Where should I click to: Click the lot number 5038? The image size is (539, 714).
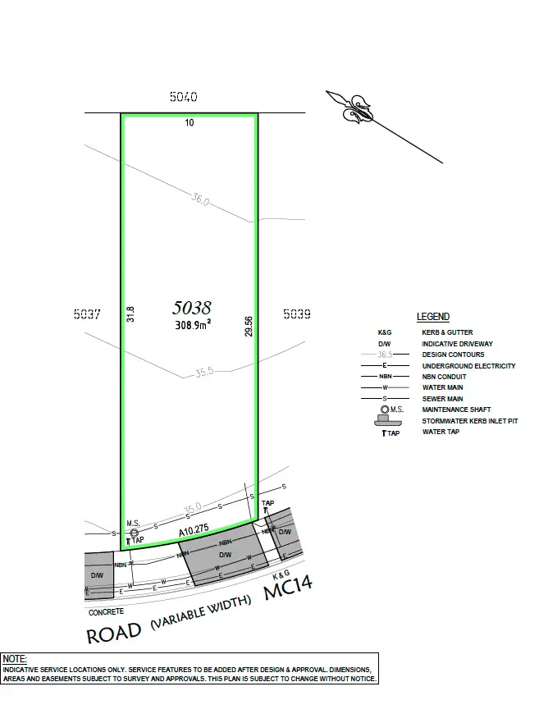click(x=192, y=308)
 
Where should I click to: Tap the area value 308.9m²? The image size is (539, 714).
click(x=193, y=325)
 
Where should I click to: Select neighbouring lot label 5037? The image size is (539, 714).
click(x=87, y=314)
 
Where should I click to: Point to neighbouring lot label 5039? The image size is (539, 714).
click(x=297, y=314)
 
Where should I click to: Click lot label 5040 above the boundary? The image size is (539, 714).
click(x=184, y=97)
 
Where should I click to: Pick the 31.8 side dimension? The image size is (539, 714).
click(x=130, y=314)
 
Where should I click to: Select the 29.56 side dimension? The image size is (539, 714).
click(x=249, y=327)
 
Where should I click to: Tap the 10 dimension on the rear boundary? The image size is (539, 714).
click(x=190, y=122)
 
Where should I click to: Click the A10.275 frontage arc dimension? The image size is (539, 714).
click(x=194, y=530)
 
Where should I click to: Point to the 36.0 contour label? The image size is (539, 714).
click(x=200, y=199)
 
